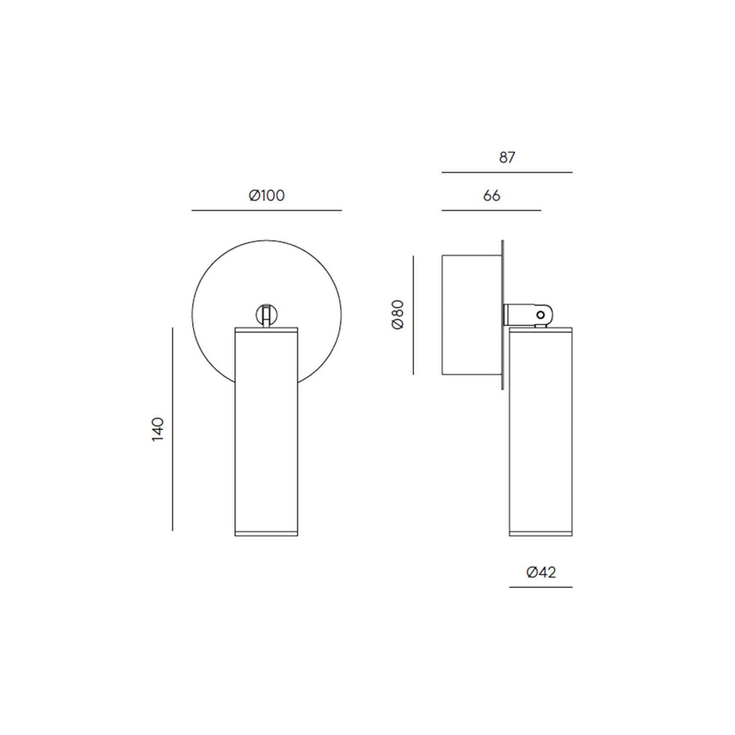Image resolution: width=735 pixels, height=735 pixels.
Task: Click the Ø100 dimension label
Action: pos(267,195)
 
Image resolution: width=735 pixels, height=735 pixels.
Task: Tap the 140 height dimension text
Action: pos(157,429)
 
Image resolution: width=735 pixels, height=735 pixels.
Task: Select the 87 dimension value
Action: pos(507,157)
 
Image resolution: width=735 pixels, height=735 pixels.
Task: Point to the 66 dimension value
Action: pos(492,196)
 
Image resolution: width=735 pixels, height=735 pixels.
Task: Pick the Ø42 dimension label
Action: pos(541,572)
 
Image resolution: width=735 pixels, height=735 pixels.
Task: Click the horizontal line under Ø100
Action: pos(267,211)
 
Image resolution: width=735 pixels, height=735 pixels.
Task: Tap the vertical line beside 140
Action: pos(173,429)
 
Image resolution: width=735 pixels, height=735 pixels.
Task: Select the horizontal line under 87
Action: pos(507,172)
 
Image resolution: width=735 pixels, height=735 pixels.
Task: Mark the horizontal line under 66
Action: pos(491,211)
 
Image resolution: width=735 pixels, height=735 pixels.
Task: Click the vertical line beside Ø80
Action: pos(413,315)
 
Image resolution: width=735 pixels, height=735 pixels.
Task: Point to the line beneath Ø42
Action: pos(541,587)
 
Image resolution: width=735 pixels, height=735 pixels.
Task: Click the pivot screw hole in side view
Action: pos(540,314)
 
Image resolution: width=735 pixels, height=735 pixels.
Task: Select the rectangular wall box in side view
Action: pos(471,315)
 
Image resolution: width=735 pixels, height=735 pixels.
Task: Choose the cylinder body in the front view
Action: pos(266,430)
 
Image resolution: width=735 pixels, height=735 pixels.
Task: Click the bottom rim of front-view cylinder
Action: pos(266,533)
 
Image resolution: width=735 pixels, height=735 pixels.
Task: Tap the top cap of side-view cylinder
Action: pos(541,329)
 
